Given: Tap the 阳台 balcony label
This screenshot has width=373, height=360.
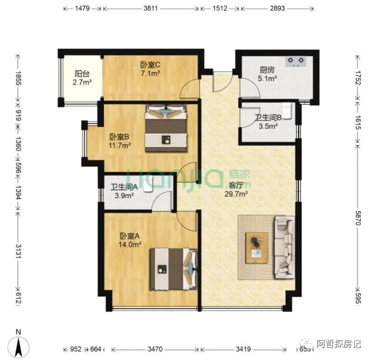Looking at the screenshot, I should [x=82, y=74].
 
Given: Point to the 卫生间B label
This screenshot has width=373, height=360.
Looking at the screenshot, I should [x=268, y=118].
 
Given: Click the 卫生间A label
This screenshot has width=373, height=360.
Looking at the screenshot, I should [x=124, y=187].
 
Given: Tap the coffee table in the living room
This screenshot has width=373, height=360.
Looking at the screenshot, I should [x=257, y=247].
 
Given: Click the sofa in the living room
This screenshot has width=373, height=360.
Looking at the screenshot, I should [x=284, y=247].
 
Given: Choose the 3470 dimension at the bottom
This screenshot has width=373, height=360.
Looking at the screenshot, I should [x=155, y=350].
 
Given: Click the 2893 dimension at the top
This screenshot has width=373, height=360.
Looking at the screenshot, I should [x=277, y=8].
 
